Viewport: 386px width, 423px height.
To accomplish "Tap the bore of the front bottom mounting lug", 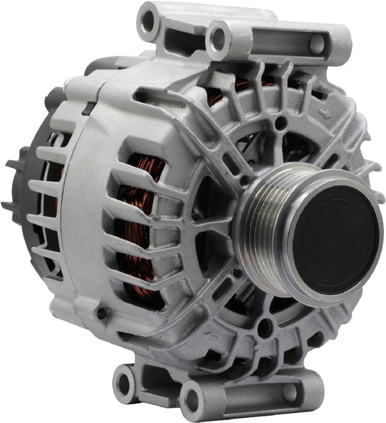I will pos(193,398).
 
